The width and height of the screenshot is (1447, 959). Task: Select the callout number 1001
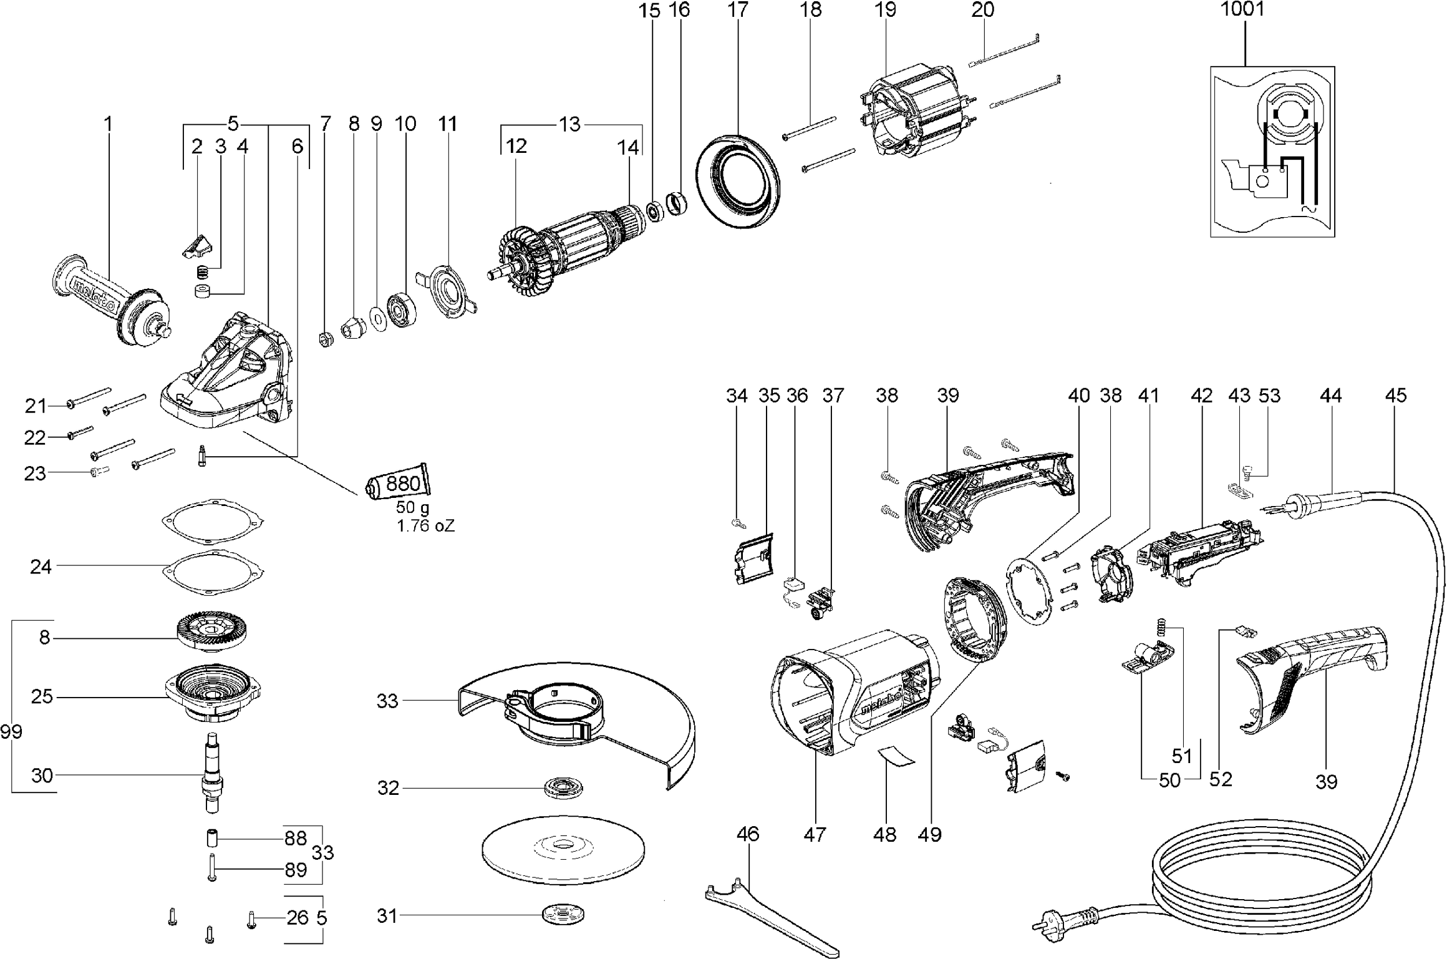(x=1242, y=10)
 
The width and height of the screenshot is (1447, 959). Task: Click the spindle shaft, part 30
(x=212, y=774)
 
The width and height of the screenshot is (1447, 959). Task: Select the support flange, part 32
(x=563, y=787)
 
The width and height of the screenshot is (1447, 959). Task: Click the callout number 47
(x=815, y=834)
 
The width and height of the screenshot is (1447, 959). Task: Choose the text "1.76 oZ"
(x=425, y=526)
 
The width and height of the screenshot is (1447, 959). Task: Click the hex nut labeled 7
(x=325, y=339)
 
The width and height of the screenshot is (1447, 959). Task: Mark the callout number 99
(x=11, y=731)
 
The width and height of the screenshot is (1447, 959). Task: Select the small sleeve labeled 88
(x=212, y=838)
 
